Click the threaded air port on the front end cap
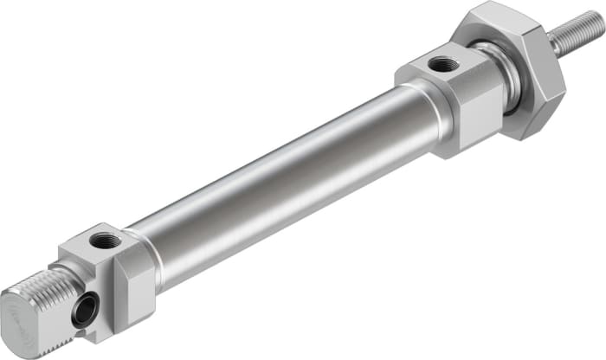443,62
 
